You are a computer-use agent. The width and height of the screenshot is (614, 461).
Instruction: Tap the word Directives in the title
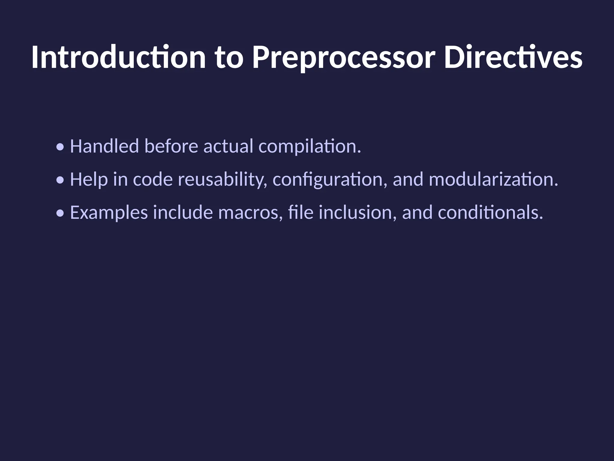[x=513, y=57]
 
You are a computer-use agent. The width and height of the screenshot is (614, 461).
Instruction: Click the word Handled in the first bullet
[x=104, y=146]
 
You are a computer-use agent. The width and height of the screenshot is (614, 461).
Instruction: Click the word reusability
[x=222, y=179]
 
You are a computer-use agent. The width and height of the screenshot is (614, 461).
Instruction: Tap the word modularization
[x=493, y=179]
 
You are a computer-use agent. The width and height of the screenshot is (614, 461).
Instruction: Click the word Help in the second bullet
[x=89, y=179]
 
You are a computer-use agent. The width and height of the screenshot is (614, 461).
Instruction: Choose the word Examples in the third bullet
[x=109, y=212]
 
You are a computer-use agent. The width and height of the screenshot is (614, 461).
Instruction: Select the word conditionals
[x=490, y=212]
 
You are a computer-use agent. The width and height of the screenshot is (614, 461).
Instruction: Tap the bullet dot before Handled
[x=61, y=147]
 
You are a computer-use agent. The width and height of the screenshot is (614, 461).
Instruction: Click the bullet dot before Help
[x=61, y=180]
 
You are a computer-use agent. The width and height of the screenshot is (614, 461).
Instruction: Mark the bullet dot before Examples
[x=61, y=213]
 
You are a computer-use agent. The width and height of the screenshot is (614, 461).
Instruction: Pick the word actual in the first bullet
[x=228, y=146]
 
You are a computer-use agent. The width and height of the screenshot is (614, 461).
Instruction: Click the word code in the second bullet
[x=153, y=179]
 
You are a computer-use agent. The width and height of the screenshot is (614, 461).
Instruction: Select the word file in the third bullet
[x=301, y=212]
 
